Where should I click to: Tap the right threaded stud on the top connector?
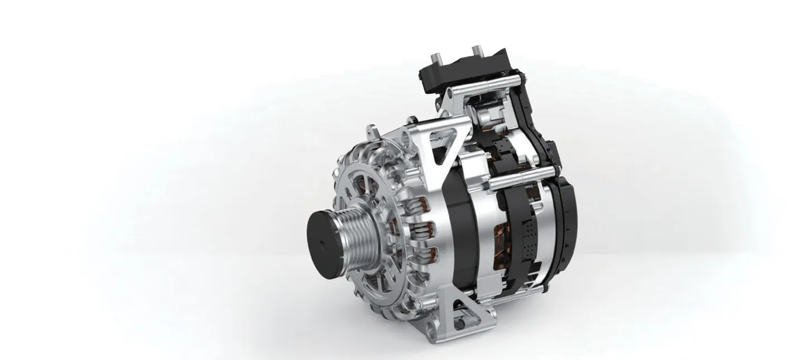(477, 52)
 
